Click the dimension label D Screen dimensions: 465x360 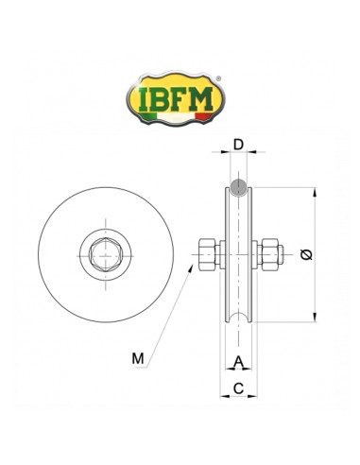(x=239, y=145)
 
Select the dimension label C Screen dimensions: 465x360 (x=238, y=387)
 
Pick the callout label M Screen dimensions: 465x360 (x=138, y=358)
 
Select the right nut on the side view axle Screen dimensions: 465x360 (x=268, y=252)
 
